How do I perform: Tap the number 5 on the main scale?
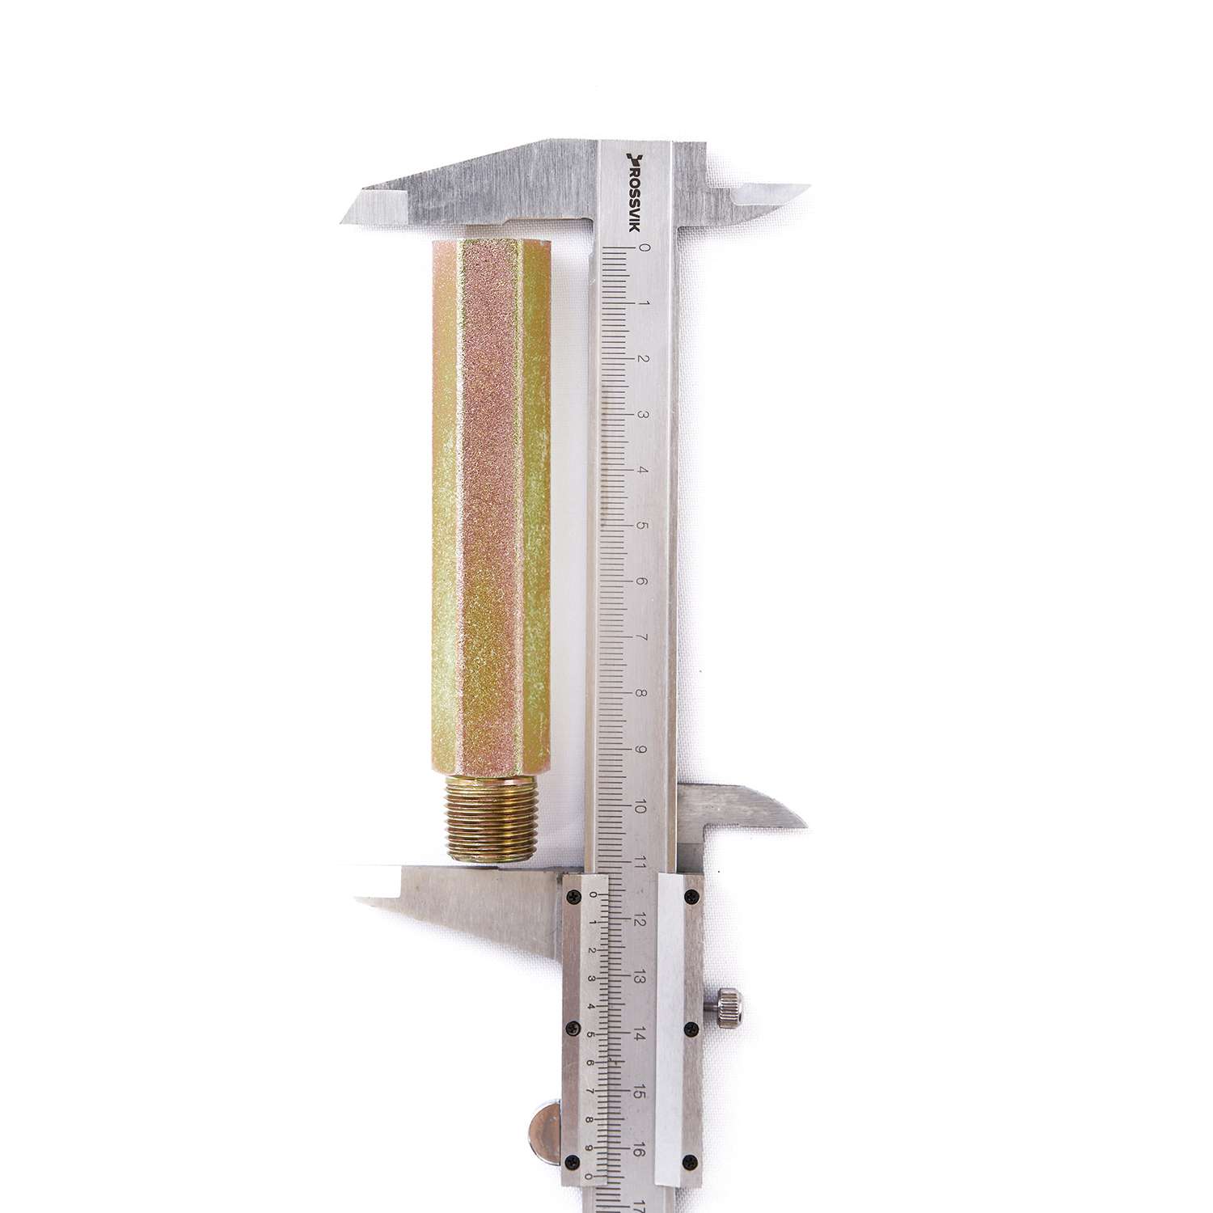[x=643, y=525]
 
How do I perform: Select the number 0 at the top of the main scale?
[x=644, y=248]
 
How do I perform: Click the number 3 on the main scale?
[x=643, y=414]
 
